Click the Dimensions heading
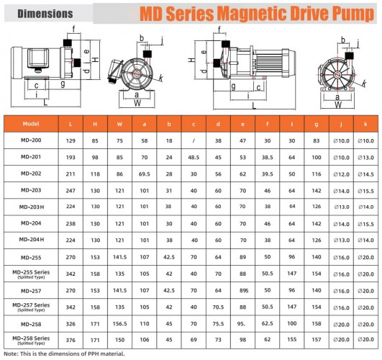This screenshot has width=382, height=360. tap(45, 14)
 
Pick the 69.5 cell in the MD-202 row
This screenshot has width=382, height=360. tap(144, 174)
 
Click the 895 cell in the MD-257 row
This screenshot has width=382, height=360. tap(242, 289)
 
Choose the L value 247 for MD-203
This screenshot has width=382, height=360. tap(70, 190)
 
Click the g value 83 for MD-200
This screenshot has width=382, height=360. tap(316, 140)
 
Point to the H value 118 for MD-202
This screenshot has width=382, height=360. tap(94, 174)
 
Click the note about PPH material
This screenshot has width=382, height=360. tap(69, 354)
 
